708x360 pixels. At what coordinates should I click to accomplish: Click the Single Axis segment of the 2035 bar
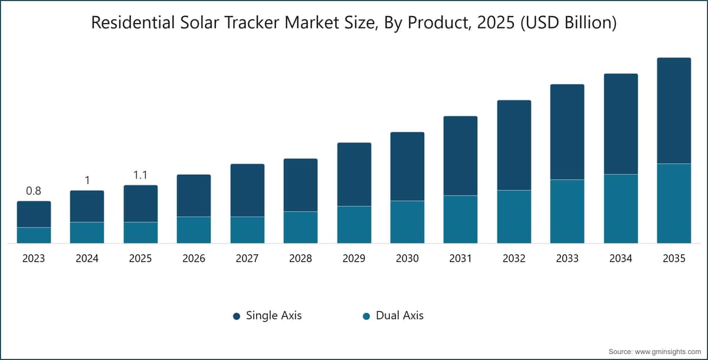(674, 110)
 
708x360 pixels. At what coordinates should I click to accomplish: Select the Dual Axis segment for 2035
(674, 203)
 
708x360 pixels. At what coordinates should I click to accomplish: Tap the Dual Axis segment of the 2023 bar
(34, 235)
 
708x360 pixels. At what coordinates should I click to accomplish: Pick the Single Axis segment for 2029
(354, 175)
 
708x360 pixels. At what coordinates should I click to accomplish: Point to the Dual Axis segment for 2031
(461, 220)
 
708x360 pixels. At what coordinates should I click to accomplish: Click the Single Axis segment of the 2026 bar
(194, 196)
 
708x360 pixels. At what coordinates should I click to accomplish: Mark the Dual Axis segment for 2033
(567, 211)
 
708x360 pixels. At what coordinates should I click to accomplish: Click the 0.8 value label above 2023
(34, 191)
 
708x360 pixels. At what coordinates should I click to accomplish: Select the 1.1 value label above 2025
(140, 175)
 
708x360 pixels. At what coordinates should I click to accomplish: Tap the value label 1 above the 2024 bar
(87, 181)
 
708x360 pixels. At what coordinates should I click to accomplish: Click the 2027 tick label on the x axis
(247, 258)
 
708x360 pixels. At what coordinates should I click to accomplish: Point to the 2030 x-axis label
(407, 258)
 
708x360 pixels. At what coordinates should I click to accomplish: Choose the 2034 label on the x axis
(621, 258)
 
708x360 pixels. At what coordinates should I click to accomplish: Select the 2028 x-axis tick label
(300, 258)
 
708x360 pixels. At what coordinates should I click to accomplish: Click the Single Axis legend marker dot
(237, 316)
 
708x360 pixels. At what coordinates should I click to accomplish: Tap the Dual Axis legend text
(399, 315)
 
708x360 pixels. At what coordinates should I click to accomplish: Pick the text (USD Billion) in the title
(568, 23)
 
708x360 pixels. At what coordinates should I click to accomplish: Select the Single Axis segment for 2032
(514, 145)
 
